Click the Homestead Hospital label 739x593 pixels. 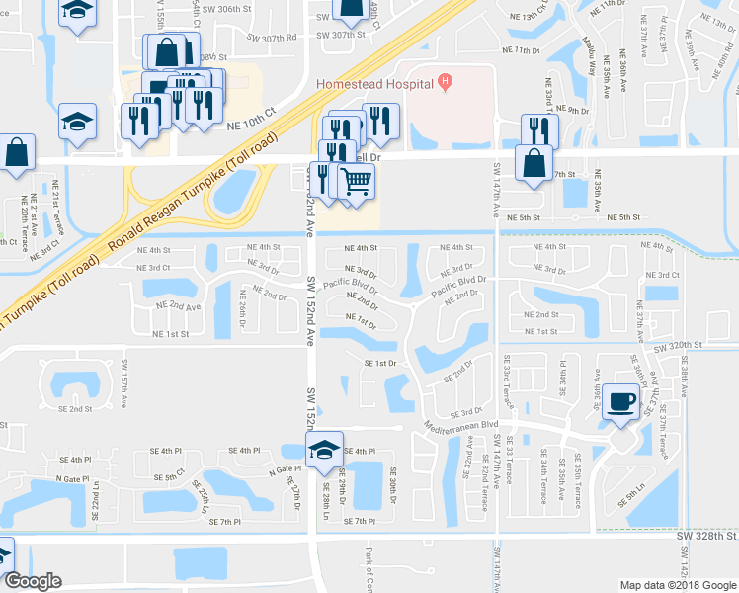(374, 83)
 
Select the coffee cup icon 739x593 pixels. (620, 400)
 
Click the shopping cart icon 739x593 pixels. (356, 180)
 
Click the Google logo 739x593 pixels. (33, 581)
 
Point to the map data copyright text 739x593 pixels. (678, 585)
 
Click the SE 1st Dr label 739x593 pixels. (380, 364)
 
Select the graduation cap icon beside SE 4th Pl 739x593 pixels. (324, 450)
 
